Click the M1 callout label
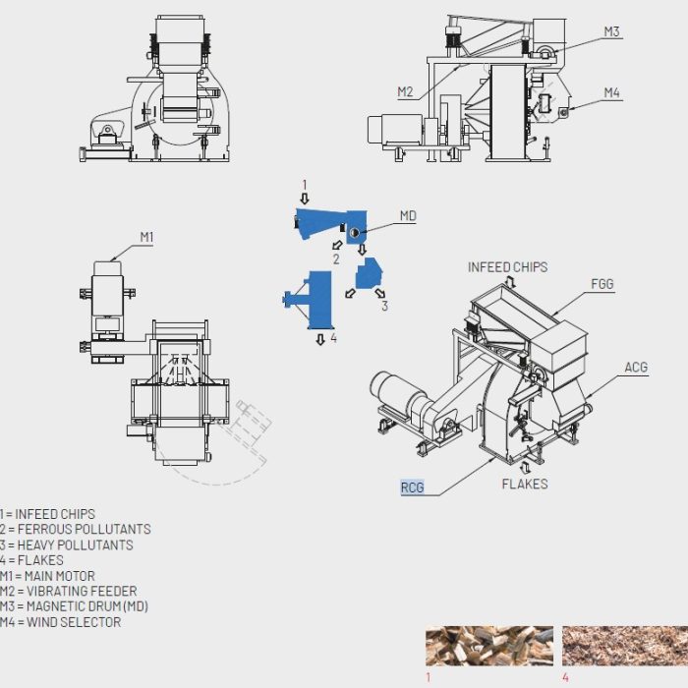(146, 237)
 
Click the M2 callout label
(406, 91)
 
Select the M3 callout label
(611, 31)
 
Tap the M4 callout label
(611, 93)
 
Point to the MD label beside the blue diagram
(408, 216)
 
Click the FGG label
(602, 284)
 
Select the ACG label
(636, 368)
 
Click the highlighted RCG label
(412, 487)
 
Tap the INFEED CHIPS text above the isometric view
(507, 267)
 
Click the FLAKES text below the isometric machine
(525, 484)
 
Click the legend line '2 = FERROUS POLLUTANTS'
(76, 529)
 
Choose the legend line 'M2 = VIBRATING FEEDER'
(75, 591)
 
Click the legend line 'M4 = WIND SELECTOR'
(61, 622)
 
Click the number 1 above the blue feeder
(305, 184)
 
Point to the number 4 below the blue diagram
(334, 338)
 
